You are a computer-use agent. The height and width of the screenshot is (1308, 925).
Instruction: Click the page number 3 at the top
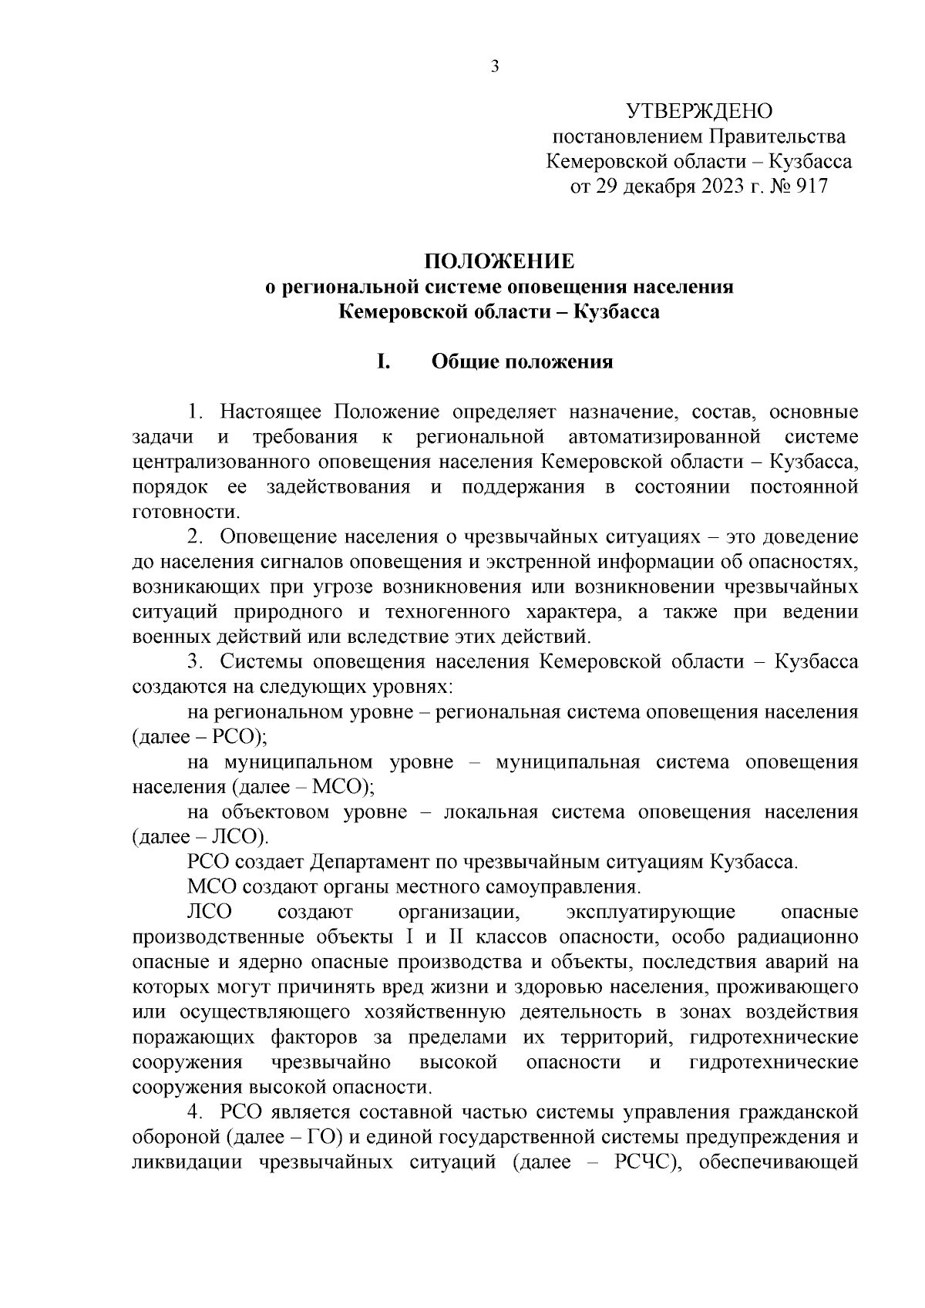pos(495,68)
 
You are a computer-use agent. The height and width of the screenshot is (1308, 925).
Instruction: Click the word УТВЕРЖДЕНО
pos(698,112)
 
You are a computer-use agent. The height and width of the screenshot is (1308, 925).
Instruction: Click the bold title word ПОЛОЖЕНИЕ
pos(499,261)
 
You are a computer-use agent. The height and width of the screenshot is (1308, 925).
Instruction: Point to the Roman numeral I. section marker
pos(382,361)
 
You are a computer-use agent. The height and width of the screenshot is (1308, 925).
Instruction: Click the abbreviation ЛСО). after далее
pos(238,837)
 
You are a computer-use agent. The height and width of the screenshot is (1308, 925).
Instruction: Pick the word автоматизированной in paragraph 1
pos(664,437)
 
